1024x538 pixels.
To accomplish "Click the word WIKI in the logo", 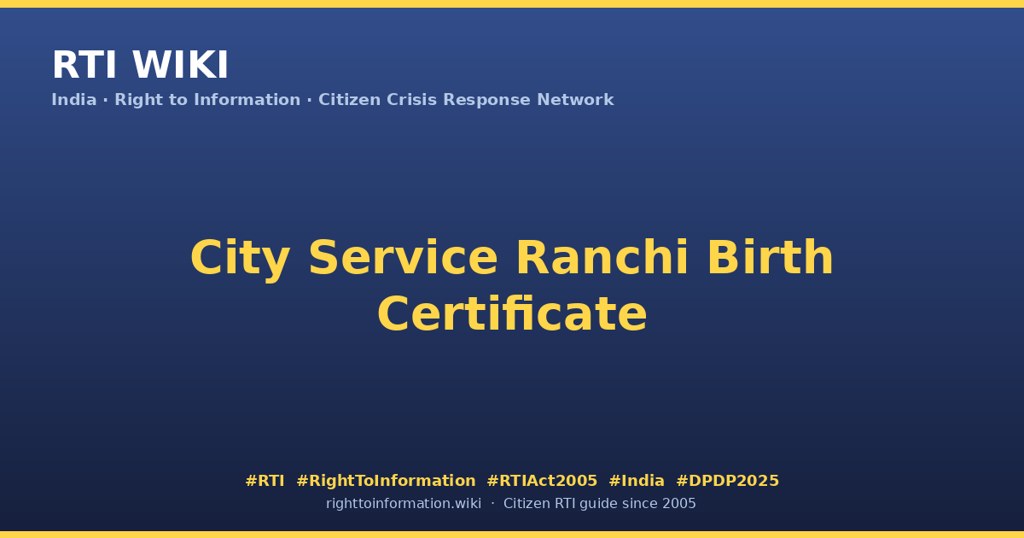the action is (x=180, y=65).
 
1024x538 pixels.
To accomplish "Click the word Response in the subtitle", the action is (x=486, y=100).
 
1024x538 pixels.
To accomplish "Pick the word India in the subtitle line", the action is (x=74, y=99).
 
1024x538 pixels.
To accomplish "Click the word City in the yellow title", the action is (x=240, y=259).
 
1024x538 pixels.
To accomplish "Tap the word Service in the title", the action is (x=403, y=258).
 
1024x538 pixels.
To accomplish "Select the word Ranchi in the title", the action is (x=602, y=257).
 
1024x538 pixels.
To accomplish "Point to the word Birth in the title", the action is (x=771, y=257).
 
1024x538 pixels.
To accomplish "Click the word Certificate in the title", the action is (x=512, y=314).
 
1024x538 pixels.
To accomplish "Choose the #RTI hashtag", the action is (x=265, y=481).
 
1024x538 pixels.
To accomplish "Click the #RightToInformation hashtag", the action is (x=386, y=482).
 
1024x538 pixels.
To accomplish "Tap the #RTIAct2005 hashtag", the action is (x=542, y=481).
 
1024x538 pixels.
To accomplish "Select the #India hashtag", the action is (x=637, y=481).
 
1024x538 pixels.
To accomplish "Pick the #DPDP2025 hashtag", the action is (x=727, y=481).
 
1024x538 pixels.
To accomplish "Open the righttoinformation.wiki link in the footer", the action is (x=403, y=504).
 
